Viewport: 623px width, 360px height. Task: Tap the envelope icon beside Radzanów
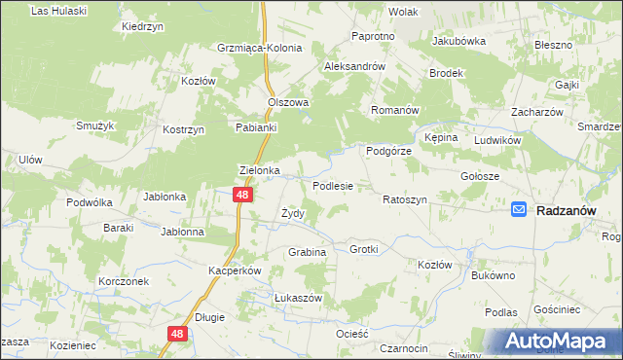(520, 209)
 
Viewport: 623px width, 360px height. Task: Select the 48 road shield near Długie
(176, 334)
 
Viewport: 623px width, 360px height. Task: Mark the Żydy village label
(293, 213)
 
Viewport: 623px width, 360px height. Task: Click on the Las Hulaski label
(59, 11)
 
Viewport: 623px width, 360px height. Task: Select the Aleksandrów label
(355, 66)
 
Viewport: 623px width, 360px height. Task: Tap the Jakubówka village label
(458, 42)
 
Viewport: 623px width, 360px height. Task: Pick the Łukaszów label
(271, 298)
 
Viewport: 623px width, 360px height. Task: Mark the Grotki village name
(363, 249)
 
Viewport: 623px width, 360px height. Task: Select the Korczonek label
(123, 281)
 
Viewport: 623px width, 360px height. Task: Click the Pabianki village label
(257, 126)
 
